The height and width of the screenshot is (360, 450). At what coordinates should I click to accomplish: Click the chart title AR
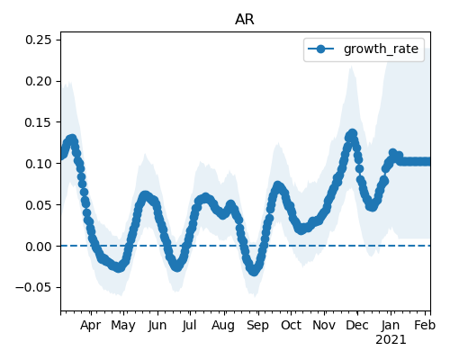(x=245, y=20)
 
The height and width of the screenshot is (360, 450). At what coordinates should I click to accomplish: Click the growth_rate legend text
(x=381, y=49)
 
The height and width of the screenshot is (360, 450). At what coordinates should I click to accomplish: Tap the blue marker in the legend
(x=320, y=49)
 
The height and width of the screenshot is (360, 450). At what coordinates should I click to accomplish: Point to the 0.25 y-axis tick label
(x=38, y=40)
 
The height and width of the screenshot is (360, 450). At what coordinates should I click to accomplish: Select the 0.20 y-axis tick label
(x=38, y=81)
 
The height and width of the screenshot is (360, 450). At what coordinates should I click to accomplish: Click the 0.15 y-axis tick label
(x=38, y=122)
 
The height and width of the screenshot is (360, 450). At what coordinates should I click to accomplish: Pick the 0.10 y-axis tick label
(x=38, y=164)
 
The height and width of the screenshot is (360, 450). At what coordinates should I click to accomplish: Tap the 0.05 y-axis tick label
(x=38, y=205)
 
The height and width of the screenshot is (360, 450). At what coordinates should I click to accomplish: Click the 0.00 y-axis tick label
(x=38, y=247)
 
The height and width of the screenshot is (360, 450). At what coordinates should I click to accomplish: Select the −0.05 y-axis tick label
(x=33, y=287)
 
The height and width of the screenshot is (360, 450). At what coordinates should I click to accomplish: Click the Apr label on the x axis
(x=90, y=325)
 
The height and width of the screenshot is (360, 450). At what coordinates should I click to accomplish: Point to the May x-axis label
(x=123, y=325)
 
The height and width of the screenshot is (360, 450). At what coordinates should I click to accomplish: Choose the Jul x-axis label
(x=189, y=325)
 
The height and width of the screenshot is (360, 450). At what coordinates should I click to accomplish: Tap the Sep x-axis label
(x=257, y=325)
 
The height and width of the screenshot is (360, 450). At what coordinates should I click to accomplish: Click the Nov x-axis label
(x=324, y=325)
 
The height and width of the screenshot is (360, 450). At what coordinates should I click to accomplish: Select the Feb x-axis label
(x=425, y=325)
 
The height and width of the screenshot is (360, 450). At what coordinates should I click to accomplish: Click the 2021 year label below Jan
(x=391, y=340)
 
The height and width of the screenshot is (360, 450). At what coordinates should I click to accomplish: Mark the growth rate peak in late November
(x=353, y=133)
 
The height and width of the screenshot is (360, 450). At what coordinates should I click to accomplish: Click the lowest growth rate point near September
(x=254, y=272)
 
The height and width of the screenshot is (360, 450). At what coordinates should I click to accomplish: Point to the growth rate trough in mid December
(x=372, y=207)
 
